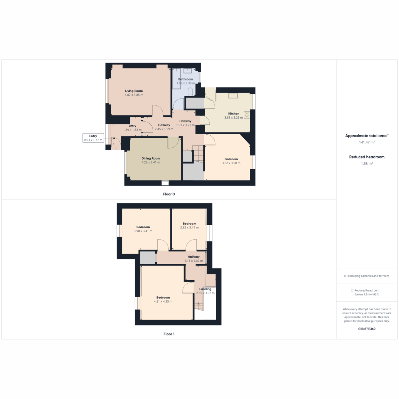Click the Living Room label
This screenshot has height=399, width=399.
[x=134, y=91]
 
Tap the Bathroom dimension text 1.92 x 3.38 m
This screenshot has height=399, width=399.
[x=186, y=83]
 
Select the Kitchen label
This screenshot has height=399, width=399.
[x=233, y=114]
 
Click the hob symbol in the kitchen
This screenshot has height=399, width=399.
[x=247, y=115]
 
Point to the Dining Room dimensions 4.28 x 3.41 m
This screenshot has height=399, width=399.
[x=151, y=162]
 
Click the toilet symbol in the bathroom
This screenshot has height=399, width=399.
[x=190, y=91]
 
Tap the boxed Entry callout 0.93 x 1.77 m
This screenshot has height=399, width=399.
[x=93, y=138]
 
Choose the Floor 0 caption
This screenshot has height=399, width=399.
[x=169, y=194]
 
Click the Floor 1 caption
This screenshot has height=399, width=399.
[x=169, y=334]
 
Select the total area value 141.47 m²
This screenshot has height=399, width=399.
[x=367, y=142]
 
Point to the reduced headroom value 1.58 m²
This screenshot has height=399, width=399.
[x=367, y=163]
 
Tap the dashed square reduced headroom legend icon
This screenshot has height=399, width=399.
[x=352, y=291]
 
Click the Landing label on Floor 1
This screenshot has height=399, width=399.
[x=205, y=289]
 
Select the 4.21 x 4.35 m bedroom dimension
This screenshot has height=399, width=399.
[x=163, y=302]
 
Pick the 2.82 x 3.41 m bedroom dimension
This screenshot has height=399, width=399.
[x=189, y=227]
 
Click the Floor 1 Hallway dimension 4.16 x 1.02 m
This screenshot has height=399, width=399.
[x=194, y=261]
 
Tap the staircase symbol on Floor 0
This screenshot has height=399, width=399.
[x=198, y=153]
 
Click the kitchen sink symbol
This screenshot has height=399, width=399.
[x=233, y=95]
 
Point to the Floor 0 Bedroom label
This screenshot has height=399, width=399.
[x=231, y=159]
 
